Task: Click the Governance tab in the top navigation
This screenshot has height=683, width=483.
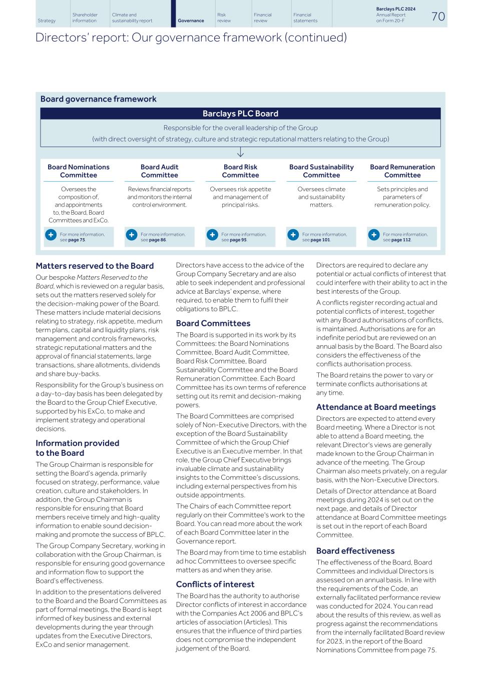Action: click(191, 21)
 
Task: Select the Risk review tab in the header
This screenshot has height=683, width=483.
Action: click(224, 18)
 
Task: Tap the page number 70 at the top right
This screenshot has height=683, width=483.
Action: click(437, 17)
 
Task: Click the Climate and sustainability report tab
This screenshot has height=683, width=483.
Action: click(132, 18)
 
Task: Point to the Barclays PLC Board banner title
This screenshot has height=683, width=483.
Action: click(240, 114)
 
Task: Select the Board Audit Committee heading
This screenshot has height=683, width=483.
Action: click(159, 171)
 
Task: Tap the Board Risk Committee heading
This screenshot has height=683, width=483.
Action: click(240, 171)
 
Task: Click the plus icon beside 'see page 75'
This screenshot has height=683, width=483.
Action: click(51, 235)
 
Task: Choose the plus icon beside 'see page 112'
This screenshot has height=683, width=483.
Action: click(373, 235)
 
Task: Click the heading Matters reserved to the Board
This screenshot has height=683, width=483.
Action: click(95, 266)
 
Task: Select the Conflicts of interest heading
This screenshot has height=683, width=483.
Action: click(215, 584)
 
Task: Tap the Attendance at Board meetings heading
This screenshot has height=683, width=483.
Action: click(375, 407)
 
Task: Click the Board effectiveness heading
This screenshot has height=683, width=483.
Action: click(355, 550)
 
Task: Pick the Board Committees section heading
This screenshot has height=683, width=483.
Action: click(213, 323)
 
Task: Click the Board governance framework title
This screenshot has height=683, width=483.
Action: click(98, 99)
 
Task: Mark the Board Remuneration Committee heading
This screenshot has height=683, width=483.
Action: click(402, 171)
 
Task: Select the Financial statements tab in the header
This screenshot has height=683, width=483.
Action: click(305, 18)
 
